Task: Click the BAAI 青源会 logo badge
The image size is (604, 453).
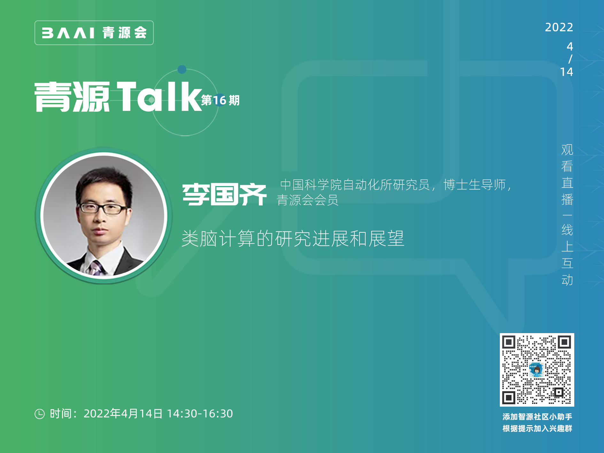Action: point(94,33)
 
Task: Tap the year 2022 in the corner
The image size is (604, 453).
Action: point(559,27)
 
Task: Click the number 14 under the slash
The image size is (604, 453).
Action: point(567,72)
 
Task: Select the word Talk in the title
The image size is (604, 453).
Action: point(159,96)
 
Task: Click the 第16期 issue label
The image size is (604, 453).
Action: point(220,100)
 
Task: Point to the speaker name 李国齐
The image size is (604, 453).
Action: point(224,194)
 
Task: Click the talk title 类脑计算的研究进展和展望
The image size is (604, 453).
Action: point(293,238)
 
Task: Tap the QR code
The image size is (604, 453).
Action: point(537,370)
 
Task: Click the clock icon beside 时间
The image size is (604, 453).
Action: point(40,414)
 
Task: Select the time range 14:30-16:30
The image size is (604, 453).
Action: point(200,414)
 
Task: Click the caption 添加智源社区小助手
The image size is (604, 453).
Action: point(537,417)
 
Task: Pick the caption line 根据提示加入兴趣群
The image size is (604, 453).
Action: point(537,428)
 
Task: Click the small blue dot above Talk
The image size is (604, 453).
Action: point(182,69)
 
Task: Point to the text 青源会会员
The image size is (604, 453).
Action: point(307,200)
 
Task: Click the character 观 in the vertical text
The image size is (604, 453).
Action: point(567,150)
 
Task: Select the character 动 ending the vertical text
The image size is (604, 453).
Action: point(567,280)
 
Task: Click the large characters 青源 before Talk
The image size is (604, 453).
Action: point(72,97)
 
